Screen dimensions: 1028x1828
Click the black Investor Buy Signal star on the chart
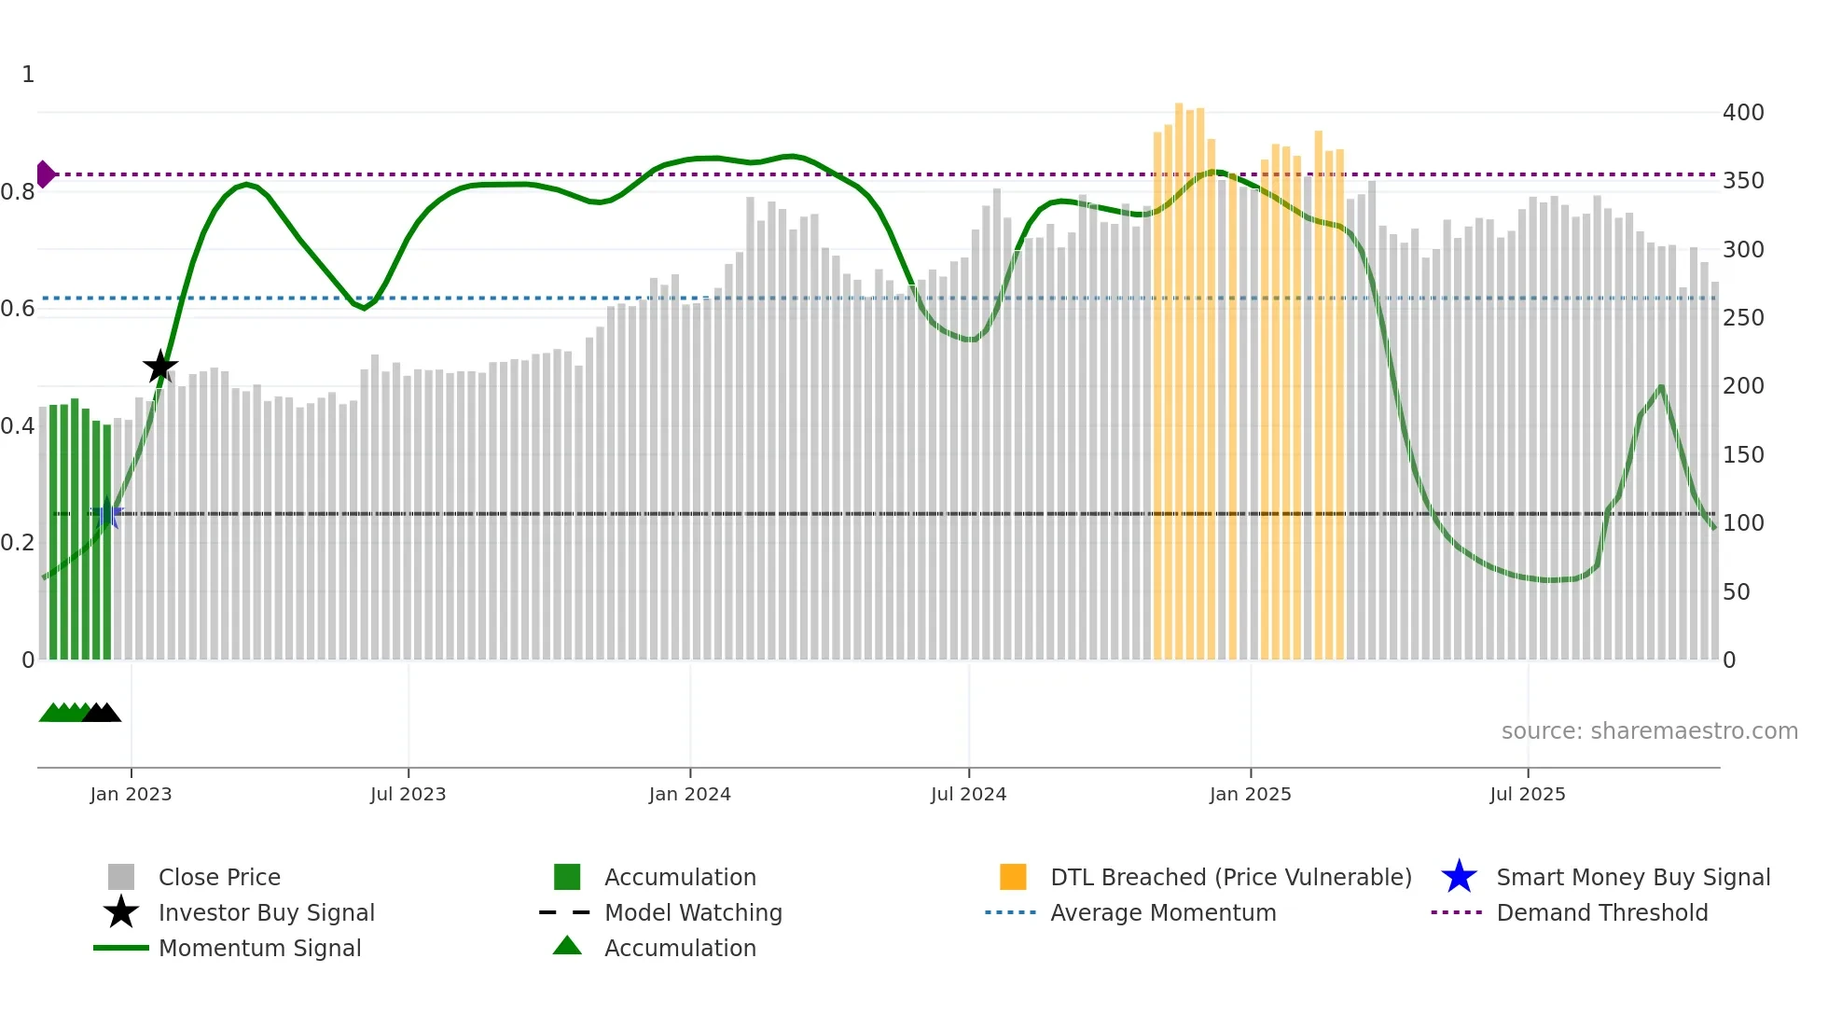160,367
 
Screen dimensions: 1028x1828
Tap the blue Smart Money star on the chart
107,513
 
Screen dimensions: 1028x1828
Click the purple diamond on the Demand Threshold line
45,174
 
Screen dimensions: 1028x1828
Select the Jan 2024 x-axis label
689,794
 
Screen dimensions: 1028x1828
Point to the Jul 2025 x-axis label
1527,794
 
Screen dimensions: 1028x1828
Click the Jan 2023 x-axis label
131,794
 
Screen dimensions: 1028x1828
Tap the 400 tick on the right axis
1742,113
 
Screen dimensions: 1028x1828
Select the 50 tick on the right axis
1736,592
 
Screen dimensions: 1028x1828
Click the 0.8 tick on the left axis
18,192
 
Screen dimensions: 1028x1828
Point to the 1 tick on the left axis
28,75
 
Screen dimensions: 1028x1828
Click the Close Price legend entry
219,877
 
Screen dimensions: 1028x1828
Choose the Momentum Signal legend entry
259,948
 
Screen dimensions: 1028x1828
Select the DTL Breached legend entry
1230,877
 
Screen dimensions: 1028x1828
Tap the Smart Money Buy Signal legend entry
1632,877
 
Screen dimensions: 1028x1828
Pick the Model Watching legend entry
693,912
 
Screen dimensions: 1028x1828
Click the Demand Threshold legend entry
1601,912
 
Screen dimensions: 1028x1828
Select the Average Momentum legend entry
1163,912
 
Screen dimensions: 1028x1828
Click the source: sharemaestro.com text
1649,731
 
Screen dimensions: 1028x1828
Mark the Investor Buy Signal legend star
121,912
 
